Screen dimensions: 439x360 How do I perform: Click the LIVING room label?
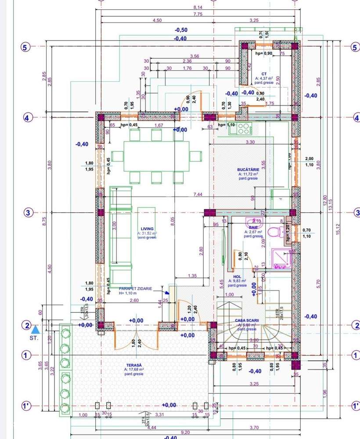[147, 229]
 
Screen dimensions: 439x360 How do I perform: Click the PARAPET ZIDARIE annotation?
[136, 289]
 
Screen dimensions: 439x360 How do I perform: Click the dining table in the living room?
[156, 156]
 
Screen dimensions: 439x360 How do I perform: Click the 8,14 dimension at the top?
[198, 7]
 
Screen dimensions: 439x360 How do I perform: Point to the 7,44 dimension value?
[198, 194]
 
